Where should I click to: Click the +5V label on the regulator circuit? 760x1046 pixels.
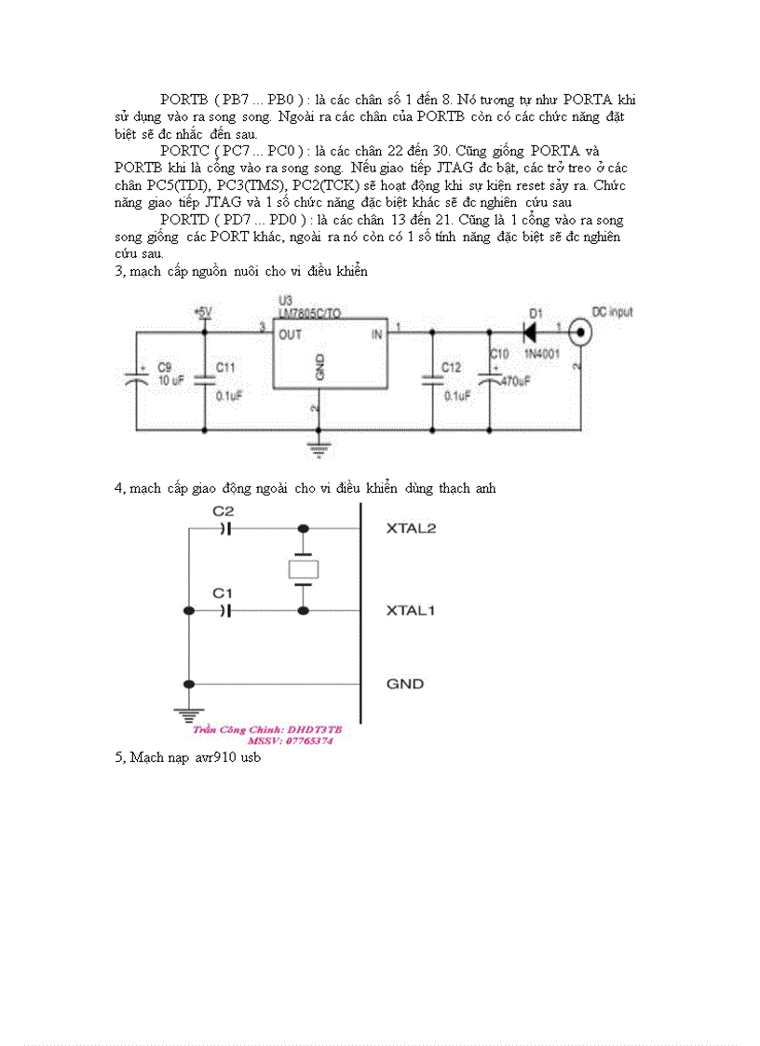click(x=202, y=311)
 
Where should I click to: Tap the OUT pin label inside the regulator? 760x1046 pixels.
click(x=290, y=333)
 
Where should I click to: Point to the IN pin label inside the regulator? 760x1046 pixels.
click(x=377, y=333)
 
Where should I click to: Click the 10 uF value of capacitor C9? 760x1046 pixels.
click(x=170, y=381)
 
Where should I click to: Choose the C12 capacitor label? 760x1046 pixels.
click(x=451, y=367)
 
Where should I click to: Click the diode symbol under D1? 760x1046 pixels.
click(x=532, y=331)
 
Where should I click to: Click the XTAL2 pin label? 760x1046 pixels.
click(x=412, y=528)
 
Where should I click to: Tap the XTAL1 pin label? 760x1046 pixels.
click(x=412, y=611)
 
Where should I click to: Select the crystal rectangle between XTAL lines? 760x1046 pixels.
click(x=303, y=569)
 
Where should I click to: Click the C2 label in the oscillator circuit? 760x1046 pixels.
click(x=224, y=511)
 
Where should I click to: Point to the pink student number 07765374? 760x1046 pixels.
click(x=290, y=740)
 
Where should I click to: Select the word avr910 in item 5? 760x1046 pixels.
click(x=215, y=758)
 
